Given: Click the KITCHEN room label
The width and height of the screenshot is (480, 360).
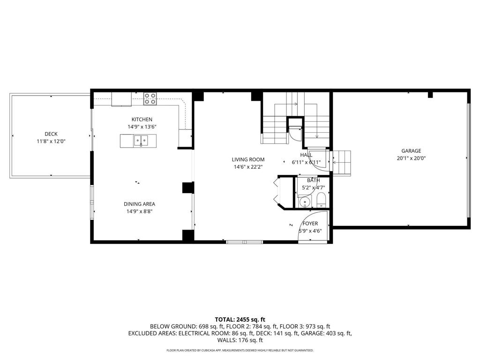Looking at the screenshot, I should pyautogui.click(x=142, y=120).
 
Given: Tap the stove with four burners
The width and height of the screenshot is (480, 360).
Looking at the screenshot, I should pyautogui.click(x=150, y=98).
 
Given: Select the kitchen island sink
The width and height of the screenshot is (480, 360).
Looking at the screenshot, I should pyautogui.click(x=140, y=140).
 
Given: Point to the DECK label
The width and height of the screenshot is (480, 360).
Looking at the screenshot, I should pyautogui.click(x=51, y=134).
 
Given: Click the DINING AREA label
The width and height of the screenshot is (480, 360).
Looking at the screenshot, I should pyautogui.click(x=139, y=204).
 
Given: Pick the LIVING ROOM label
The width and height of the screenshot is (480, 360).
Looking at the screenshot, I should pyautogui.click(x=248, y=159).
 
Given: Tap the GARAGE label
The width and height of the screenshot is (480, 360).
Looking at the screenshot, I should pyautogui.click(x=411, y=151).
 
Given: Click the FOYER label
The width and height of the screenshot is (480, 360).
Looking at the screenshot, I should pyautogui.click(x=310, y=224).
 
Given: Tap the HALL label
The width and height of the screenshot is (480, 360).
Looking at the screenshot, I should pyautogui.click(x=306, y=155).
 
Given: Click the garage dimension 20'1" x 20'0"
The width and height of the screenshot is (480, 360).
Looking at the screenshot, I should pyautogui.click(x=411, y=158).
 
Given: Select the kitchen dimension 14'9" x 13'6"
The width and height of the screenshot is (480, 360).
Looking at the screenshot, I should pyautogui.click(x=142, y=127).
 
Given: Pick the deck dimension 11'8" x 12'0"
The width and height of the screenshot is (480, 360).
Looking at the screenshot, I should pyautogui.click(x=51, y=141).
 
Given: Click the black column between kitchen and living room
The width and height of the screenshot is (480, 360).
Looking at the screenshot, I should pyautogui.click(x=188, y=187).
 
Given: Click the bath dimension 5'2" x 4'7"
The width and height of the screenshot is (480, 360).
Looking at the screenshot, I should pyautogui.click(x=313, y=187).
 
